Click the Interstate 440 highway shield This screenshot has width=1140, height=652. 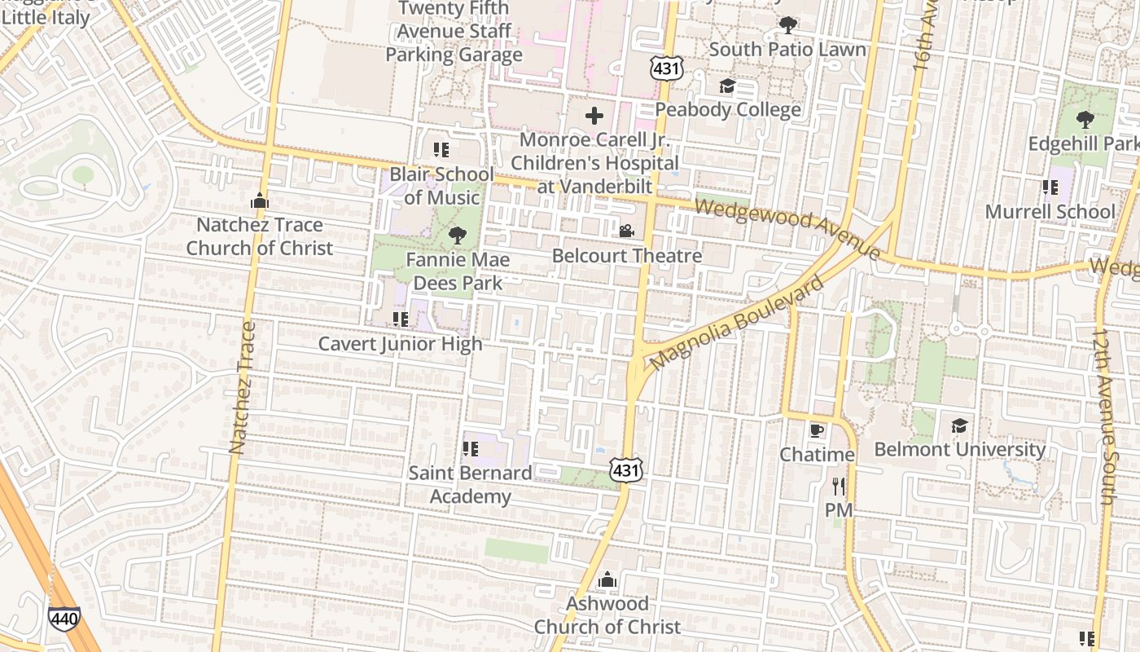pos(64,619)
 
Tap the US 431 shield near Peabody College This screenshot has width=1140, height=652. pos(666,69)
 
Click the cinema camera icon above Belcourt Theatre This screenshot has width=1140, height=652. pos(626,231)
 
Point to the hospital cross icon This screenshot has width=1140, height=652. pos(594,116)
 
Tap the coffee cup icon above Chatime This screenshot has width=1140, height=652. pos(817,430)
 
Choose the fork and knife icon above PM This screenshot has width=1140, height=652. pos(839,487)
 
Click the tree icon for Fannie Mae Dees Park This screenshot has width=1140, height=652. pos(458,236)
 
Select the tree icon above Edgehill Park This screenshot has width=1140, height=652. pos(1085,120)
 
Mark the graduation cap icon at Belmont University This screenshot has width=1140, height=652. pos(959,425)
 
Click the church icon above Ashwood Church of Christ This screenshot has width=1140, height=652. pos(607,579)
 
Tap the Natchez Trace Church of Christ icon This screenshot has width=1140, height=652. pos(260,200)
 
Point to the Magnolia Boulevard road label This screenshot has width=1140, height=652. pos(737,323)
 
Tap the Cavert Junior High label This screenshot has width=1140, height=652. pos(400,344)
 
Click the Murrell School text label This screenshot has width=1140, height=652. pos(1050,212)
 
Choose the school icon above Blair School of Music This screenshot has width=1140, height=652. pos(441,150)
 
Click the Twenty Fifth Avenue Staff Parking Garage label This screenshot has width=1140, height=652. pos(454,32)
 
